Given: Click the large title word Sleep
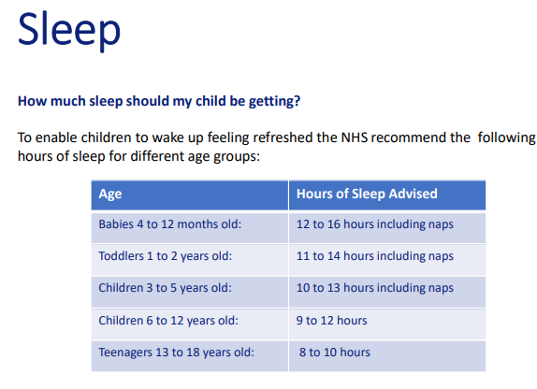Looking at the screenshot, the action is [69, 30].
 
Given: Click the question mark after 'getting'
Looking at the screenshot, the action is [297, 101].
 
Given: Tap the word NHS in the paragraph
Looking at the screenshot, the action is [355, 137].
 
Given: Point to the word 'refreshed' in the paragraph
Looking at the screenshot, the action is [283, 137].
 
